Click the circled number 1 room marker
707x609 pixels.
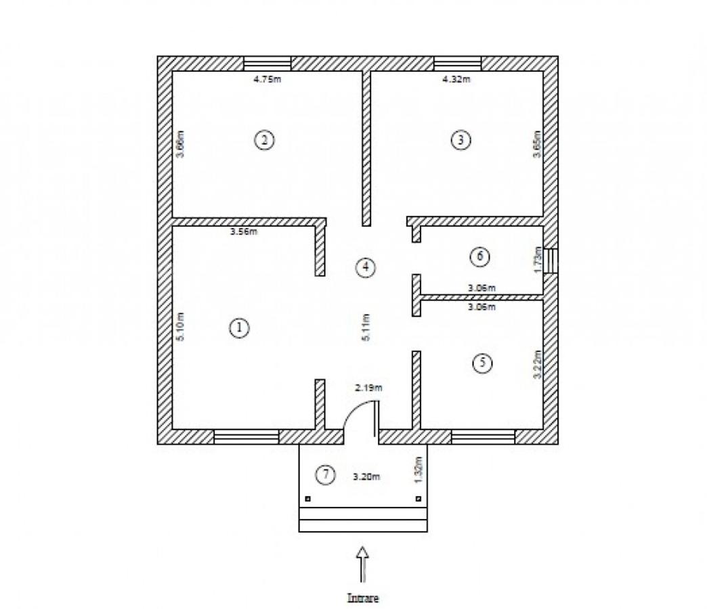pos(238,328)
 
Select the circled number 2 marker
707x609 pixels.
pos(263,140)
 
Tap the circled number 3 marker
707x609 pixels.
pos(460,140)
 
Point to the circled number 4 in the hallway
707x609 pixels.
pos(365,267)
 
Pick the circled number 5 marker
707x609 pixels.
pos(481,363)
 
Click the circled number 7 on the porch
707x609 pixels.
pos(326,475)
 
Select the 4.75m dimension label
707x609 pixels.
pos(267,79)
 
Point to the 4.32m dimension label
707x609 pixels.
pos(456,79)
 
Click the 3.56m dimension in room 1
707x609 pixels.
pos(244,232)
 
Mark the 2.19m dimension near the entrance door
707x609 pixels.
pos(369,388)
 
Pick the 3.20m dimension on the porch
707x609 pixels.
pos(366,476)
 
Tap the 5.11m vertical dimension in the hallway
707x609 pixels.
pos(366,327)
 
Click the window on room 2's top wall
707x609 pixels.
pos(267,64)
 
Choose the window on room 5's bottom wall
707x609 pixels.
pos(483,437)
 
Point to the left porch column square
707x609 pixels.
pos(308,499)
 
